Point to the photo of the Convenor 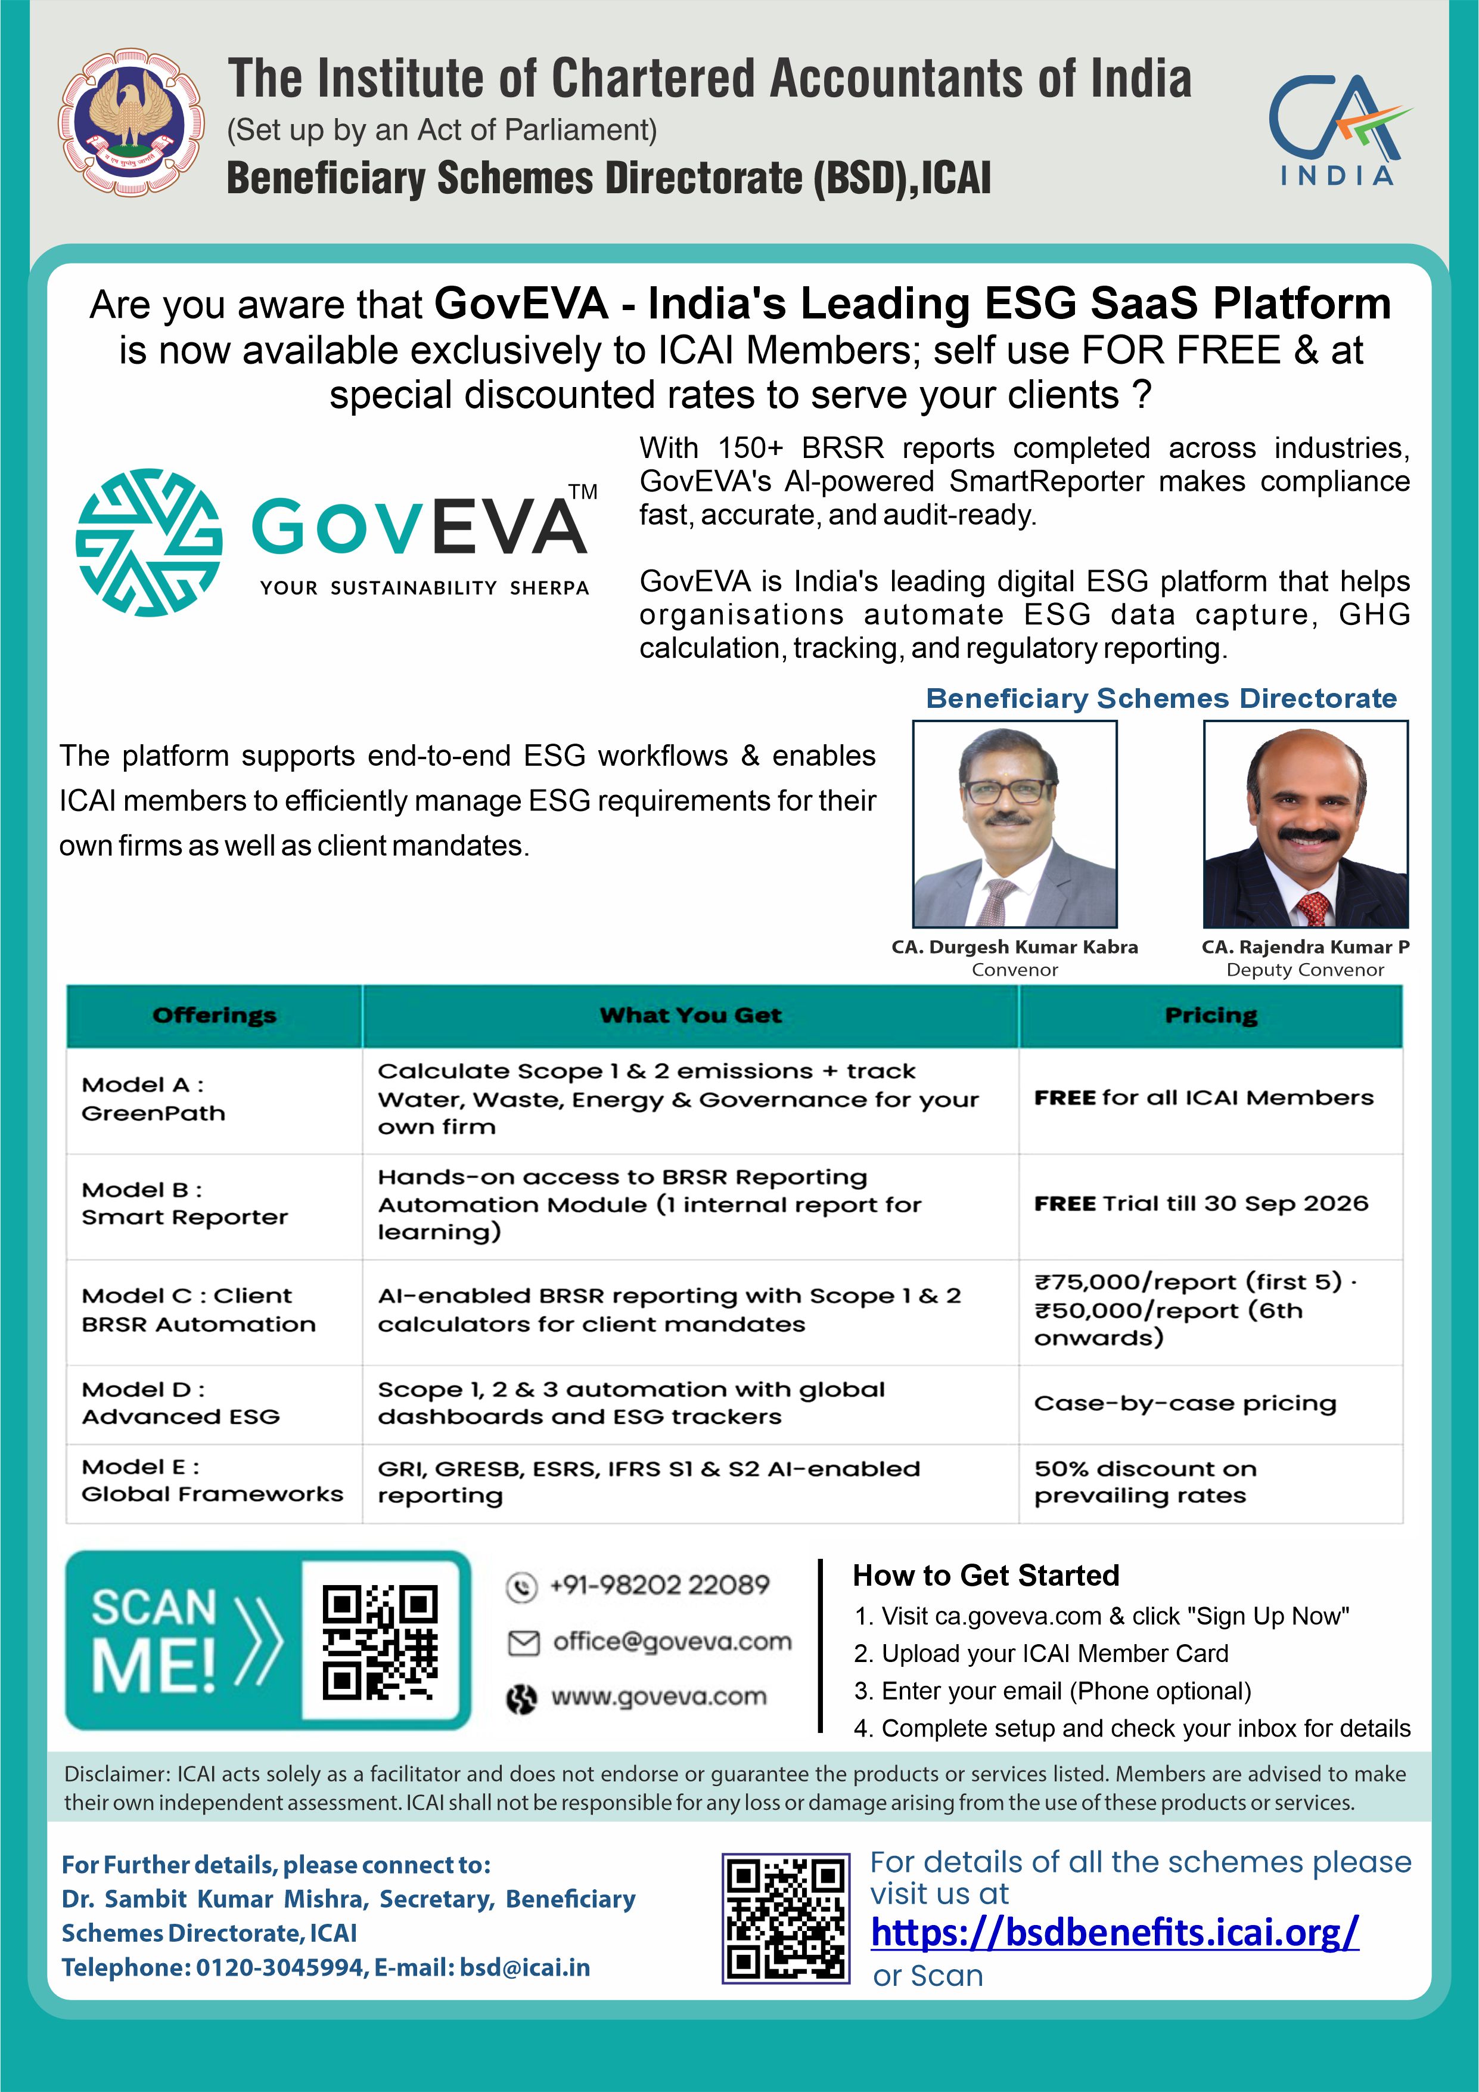click(x=1015, y=824)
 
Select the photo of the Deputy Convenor click(x=1305, y=824)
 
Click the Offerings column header click(x=214, y=1015)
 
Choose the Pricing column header click(x=1210, y=1015)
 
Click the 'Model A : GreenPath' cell click(x=214, y=1099)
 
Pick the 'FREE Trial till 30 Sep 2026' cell click(x=1210, y=1203)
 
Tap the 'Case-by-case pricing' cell click(x=1210, y=1403)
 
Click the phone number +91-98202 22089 click(x=660, y=1586)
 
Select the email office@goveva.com click(x=672, y=1642)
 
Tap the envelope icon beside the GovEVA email click(x=523, y=1643)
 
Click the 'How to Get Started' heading click(x=986, y=1576)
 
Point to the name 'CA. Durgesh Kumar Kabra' click(x=1015, y=946)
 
